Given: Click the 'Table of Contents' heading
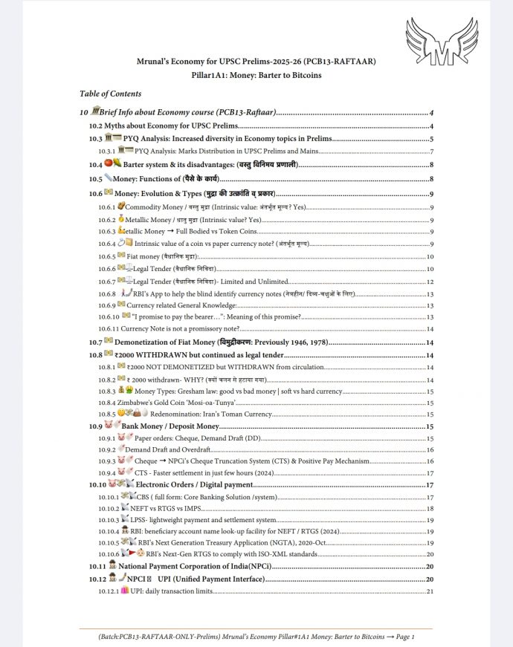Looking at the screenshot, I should [x=110, y=94].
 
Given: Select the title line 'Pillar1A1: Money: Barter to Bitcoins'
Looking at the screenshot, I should [x=256, y=76].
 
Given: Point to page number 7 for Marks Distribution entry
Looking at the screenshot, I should [x=431, y=152].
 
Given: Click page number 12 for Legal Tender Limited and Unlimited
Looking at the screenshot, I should [x=430, y=282].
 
